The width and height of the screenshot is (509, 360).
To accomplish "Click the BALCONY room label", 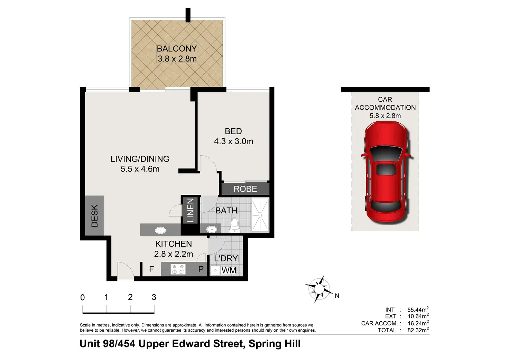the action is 177,49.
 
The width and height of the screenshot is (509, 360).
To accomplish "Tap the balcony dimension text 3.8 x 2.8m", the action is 177,59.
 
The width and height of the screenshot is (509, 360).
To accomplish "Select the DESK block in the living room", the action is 94,215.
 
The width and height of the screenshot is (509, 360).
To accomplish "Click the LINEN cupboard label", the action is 190,210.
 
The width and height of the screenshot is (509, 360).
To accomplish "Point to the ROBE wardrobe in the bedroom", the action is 246,188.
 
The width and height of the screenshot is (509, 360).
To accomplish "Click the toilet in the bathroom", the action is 234,226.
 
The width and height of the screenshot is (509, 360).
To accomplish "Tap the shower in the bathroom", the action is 260,215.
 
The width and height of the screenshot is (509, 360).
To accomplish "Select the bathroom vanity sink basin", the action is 212,229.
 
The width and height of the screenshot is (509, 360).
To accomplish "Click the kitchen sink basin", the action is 160,230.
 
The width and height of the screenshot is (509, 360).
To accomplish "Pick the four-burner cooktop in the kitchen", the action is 178,269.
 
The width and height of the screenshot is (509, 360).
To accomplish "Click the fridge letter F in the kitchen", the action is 151,269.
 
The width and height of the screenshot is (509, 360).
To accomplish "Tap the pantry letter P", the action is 201,269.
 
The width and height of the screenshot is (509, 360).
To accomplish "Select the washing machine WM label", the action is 229,270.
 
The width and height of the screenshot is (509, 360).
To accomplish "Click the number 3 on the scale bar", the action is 154,297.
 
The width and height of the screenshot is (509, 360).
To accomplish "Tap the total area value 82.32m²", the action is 418,330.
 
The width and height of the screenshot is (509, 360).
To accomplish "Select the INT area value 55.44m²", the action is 418,309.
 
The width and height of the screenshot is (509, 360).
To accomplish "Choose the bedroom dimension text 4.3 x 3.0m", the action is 233,141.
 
